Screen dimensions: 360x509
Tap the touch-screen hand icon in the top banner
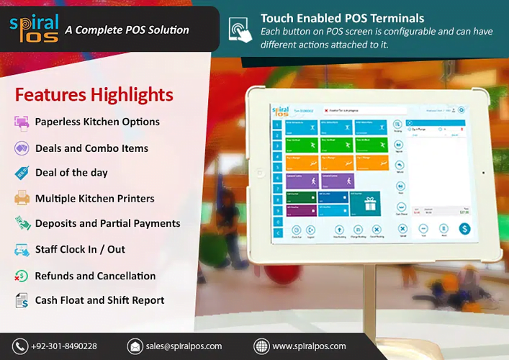(x=239, y=30)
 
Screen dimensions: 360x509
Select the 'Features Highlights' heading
(x=94, y=95)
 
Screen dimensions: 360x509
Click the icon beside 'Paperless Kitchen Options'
(x=22, y=122)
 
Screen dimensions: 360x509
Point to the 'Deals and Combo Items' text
(x=91, y=148)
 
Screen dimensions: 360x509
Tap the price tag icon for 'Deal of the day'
(x=22, y=173)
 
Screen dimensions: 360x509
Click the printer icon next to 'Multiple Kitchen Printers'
(x=22, y=198)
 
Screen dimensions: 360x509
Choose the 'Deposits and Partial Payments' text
(x=107, y=223)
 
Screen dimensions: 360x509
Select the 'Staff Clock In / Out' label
(x=80, y=249)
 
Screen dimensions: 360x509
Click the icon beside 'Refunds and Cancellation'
(x=22, y=276)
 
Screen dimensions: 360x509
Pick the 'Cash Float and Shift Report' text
(x=99, y=300)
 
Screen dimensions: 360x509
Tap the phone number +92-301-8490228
(x=64, y=346)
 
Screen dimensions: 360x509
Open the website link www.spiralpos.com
(x=309, y=346)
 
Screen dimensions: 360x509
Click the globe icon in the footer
(x=261, y=346)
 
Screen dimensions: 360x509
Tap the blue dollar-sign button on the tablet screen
(x=464, y=228)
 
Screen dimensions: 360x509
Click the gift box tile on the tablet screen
(x=370, y=203)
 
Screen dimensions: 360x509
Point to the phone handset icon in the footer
(x=20, y=346)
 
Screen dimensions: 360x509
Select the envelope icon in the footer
(x=135, y=346)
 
